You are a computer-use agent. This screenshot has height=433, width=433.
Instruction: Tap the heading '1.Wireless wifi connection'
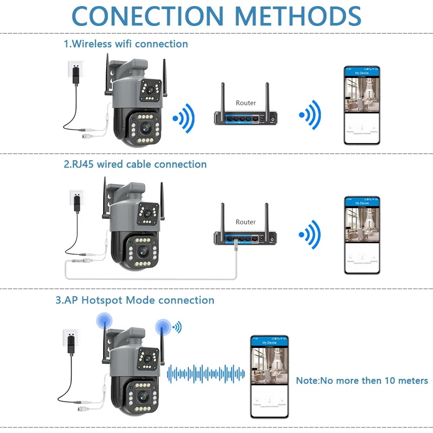click(x=126, y=44)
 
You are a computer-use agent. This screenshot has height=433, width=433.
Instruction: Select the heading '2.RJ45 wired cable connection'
click(x=135, y=164)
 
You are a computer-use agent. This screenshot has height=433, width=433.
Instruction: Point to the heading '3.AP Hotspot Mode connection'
click(x=135, y=300)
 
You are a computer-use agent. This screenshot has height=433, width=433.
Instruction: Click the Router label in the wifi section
click(x=246, y=103)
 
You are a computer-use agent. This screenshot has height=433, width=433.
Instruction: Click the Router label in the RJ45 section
click(x=246, y=222)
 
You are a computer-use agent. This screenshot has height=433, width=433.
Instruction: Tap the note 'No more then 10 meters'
click(x=362, y=381)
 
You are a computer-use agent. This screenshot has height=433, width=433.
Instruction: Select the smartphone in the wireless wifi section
click(x=362, y=105)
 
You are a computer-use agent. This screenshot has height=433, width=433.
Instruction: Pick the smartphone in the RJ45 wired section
click(x=362, y=235)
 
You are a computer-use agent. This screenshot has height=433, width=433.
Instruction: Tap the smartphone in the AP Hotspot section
click(x=269, y=376)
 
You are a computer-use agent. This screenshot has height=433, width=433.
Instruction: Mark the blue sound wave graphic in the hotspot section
click(x=206, y=373)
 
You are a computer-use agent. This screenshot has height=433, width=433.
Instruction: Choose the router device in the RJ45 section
click(x=245, y=238)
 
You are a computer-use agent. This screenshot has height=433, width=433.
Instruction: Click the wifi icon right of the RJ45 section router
click(x=310, y=235)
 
